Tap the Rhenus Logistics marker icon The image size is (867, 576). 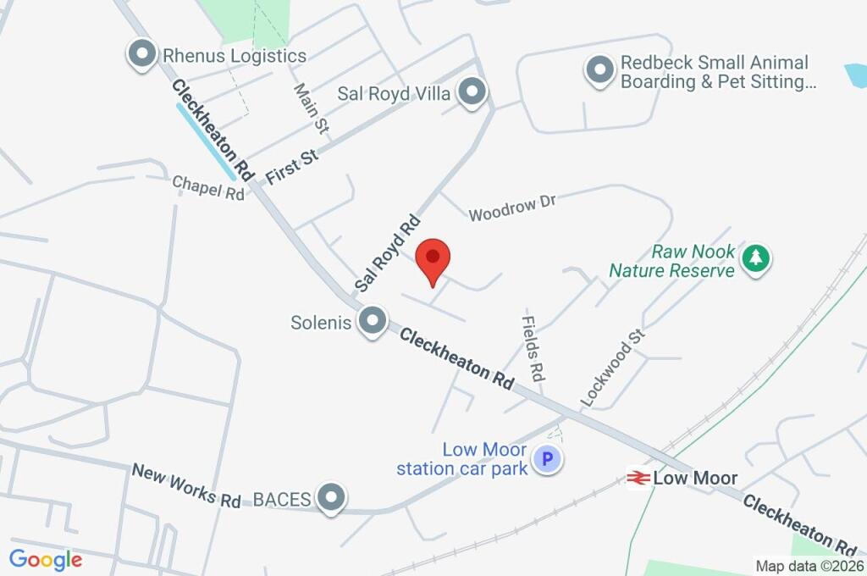(141, 55)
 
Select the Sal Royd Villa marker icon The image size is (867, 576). (471, 91)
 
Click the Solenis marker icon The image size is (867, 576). (371, 322)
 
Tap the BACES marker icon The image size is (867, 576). (331, 498)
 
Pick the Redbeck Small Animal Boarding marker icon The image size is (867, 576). (599, 70)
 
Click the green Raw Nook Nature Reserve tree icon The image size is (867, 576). (755, 258)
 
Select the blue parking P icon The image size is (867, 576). (547, 460)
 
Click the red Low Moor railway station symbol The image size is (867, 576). (638, 479)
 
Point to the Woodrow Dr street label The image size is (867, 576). (512, 208)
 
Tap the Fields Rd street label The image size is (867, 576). (533, 347)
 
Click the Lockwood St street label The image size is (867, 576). (612, 367)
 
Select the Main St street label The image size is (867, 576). (310, 108)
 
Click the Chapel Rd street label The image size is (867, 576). (208, 188)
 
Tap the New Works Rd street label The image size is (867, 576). (186, 485)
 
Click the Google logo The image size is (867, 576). (46, 560)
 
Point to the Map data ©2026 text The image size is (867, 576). (809, 566)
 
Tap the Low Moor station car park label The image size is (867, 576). (462, 459)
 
